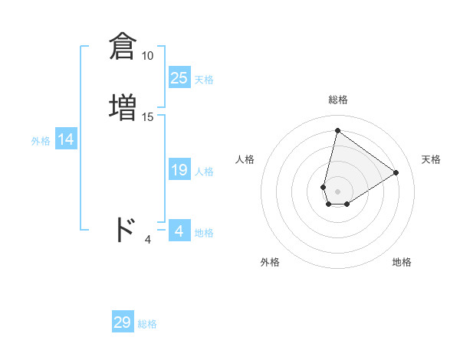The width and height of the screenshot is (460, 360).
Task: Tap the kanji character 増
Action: (123, 106)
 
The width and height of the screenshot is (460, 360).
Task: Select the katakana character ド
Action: (124, 229)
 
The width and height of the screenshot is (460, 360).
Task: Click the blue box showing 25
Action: (179, 78)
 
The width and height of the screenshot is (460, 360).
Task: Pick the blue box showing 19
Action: (179, 170)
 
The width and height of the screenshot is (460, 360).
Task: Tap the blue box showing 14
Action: (66, 139)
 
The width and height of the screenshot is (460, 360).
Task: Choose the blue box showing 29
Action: (123, 322)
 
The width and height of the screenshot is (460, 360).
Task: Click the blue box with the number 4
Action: (179, 231)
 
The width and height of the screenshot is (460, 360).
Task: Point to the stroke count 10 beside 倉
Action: (147, 56)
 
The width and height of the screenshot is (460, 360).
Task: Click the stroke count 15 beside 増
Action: (148, 117)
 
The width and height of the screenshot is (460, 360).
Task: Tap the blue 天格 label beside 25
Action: (204, 80)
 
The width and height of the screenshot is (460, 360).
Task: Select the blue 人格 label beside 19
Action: (204, 172)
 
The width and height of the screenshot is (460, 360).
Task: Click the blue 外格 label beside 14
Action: (41, 141)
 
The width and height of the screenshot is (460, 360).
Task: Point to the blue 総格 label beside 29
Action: (147, 324)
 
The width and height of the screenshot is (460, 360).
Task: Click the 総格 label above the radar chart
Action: (338, 100)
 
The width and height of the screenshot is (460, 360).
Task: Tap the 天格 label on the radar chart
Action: (431, 159)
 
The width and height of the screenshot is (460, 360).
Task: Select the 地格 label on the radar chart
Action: (402, 262)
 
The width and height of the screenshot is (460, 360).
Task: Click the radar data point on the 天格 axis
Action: (396, 172)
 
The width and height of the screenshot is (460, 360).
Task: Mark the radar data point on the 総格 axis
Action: (337, 130)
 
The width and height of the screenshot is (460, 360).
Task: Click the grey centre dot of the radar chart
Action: (337, 191)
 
